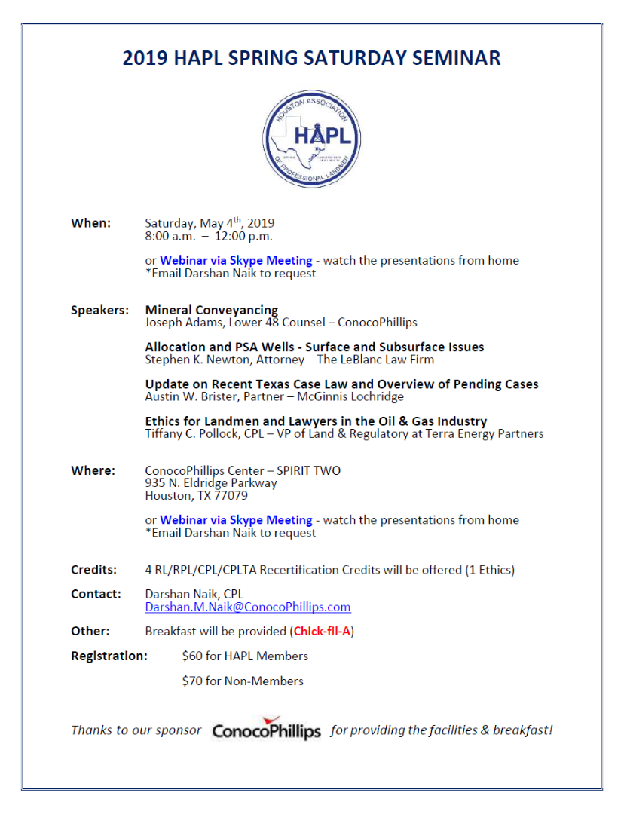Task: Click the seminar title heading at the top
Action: [x=311, y=58]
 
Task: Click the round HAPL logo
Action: [x=312, y=139]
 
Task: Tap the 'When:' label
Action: [x=90, y=223]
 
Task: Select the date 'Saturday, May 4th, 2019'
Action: [x=210, y=223]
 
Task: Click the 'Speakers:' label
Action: [x=99, y=311]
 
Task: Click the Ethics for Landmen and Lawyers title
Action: [x=316, y=421]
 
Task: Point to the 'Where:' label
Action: [x=93, y=470]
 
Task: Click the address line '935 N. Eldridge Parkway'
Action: [x=211, y=483]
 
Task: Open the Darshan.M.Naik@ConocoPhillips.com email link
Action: [x=248, y=607]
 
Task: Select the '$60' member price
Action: [x=191, y=656]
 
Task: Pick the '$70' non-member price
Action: [x=191, y=681]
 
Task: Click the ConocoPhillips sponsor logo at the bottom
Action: [x=266, y=730]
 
